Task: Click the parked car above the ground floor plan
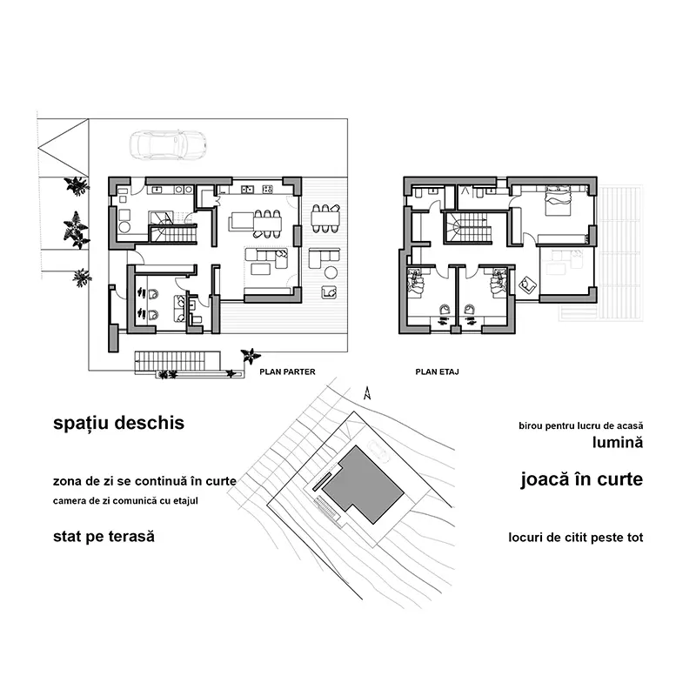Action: (165, 144)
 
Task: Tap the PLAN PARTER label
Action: (288, 371)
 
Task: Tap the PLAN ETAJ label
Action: (437, 371)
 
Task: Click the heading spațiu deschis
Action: (119, 424)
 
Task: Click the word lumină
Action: (617, 442)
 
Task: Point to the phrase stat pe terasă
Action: (104, 536)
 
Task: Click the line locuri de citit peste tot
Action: (576, 538)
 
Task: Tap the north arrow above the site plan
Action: (368, 392)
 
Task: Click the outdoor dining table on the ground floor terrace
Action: (325, 217)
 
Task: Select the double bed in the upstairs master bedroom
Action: (556, 204)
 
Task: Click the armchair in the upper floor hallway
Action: (527, 284)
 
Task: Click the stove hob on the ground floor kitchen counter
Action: (244, 189)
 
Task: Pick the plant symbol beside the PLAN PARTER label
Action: (251, 356)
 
